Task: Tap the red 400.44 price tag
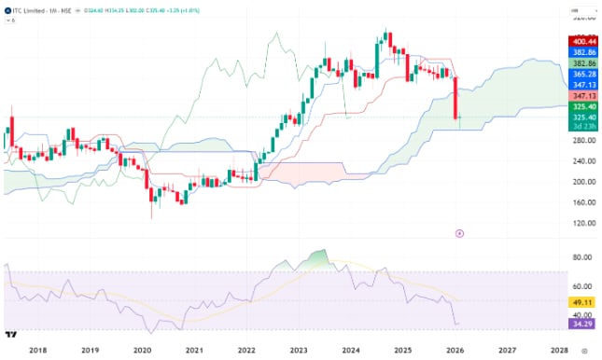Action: point(584,42)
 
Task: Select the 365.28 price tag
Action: point(584,73)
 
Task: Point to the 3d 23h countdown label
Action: point(584,126)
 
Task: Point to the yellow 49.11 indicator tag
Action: point(584,303)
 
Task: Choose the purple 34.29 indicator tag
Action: point(584,325)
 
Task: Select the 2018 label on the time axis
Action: point(38,351)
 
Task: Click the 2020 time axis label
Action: point(142,351)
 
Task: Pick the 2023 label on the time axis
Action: point(298,351)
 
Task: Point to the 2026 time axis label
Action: point(455,351)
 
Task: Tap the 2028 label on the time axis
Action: point(558,351)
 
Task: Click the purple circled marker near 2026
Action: point(458,233)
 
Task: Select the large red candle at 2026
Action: point(455,99)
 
